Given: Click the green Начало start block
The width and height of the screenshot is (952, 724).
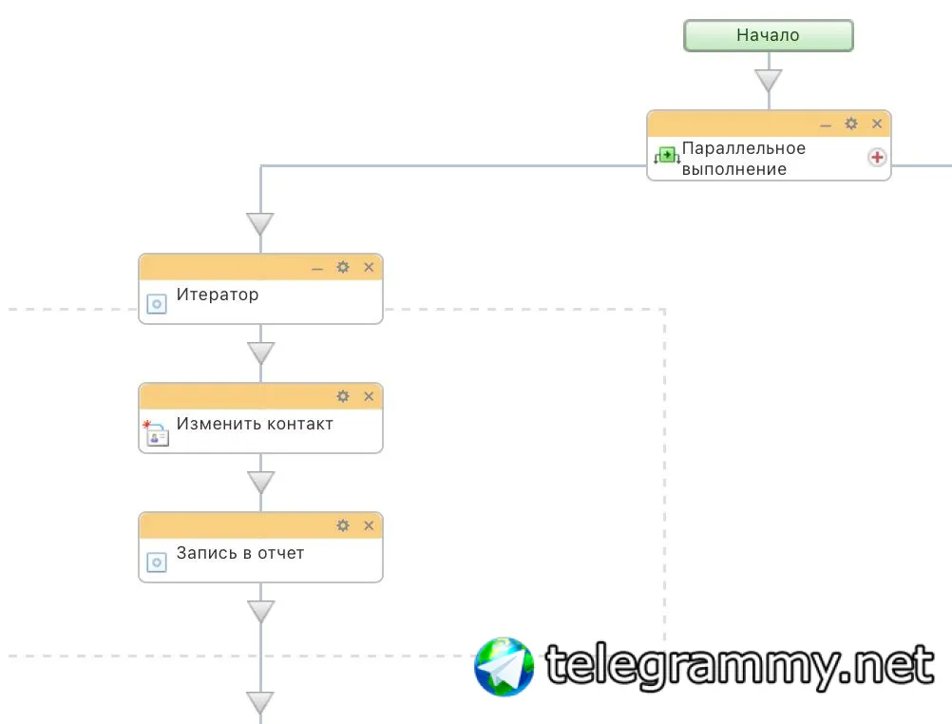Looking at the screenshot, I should [x=769, y=35].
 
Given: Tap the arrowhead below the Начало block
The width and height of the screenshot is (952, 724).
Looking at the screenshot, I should [x=769, y=80].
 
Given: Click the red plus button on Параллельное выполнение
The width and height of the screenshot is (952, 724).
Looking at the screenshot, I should [x=877, y=158].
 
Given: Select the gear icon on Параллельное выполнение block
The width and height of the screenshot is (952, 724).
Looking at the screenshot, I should [x=851, y=124].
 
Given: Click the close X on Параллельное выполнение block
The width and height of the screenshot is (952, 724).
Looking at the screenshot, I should [x=877, y=124].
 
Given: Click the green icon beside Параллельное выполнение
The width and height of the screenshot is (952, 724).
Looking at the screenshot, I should [x=666, y=155].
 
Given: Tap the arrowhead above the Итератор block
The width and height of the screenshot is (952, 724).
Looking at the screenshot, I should [x=260, y=224].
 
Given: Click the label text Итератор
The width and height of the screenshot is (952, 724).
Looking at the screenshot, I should [x=218, y=295].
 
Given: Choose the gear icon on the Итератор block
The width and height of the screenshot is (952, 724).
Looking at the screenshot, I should [x=343, y=267].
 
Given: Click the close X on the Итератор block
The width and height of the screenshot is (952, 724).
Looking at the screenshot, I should [x=369, y=267].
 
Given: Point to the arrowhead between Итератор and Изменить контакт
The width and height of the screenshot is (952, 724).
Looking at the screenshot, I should [x=260, y=353].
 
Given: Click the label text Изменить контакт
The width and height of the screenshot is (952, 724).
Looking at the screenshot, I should [x=255, y=424].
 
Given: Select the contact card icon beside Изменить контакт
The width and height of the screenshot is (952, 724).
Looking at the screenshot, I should [x=156, y=434].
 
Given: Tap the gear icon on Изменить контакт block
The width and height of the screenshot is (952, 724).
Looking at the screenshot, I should [x=343, y=396].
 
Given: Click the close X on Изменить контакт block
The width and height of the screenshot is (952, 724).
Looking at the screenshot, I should [x=369, y=396].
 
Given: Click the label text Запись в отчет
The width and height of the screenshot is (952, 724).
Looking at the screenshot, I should [x=240, y=553].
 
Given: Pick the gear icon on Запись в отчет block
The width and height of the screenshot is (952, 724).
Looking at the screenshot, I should [x=343, y=525].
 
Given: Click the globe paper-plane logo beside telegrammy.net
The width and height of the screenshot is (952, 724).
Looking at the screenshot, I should [x=505, y=666].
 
